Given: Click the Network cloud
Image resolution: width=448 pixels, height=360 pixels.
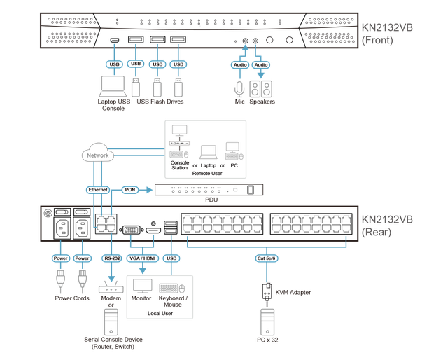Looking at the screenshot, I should click(x=97, y=155).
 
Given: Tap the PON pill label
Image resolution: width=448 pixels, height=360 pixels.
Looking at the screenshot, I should click(x=129, y=189).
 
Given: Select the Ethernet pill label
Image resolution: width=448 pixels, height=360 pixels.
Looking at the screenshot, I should click(x=98, y=190).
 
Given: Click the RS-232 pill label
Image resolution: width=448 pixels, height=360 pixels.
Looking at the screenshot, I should click(x=112, y=258).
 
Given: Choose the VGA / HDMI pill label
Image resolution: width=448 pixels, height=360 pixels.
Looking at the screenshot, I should click(x=143, y=258).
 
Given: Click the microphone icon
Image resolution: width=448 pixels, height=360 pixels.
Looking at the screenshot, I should click(x=239, y=88).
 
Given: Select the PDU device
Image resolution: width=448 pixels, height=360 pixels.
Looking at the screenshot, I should click(x=210, y=190).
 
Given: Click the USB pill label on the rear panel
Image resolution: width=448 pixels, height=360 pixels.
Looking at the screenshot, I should click(x=172, y=258).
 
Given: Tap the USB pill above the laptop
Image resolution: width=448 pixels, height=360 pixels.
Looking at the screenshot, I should click(x=115, y=64).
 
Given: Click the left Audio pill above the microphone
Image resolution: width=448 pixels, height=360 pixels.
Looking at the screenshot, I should click(x=239, y=64).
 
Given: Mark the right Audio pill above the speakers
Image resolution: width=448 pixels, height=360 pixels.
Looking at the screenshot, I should click(x=261, y=64).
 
